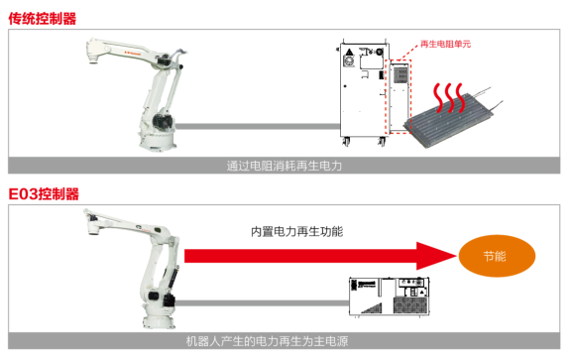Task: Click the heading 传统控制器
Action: coord(43,19)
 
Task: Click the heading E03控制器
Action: coord(44,193)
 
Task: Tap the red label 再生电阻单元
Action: coord(445,44)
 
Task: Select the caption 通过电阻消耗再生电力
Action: coord(285,166)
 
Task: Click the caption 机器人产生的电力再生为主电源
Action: coord(268,341)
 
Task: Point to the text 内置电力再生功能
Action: coord(297,231)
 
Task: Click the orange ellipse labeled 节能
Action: coord(497,256)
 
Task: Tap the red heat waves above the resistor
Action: coord(449,97)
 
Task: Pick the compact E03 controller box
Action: coord(389,297)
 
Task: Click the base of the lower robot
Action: coord(159,319)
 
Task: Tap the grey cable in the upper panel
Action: coord(258,127)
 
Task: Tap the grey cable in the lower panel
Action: coord(262,302)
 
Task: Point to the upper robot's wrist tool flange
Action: coord(94,59)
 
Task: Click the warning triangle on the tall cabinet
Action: coord(349,52)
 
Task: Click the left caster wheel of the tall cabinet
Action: coord(346,142)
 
